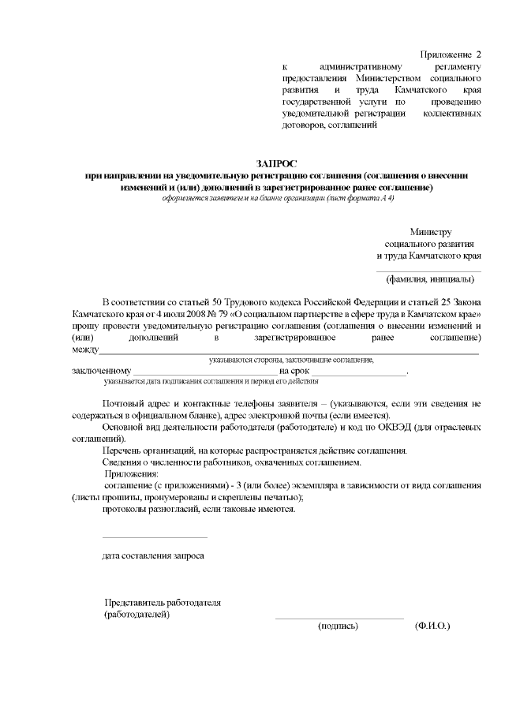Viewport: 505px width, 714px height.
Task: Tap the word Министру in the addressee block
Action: pyautogui.click(x=430, y=232)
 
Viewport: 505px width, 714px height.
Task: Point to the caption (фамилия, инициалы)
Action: pyautogui.click(x=429, y=278)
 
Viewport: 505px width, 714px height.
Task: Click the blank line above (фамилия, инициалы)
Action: pyautogui.click(x=429, y=270)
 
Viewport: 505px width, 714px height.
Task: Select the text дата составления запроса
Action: pyautogui.click(x=153, y=555)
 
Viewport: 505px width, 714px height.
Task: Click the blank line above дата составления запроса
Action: pyautogui.click(x=155, y=537)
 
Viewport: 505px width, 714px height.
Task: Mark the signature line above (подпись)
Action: pyautogui.click(x=339, y=617)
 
